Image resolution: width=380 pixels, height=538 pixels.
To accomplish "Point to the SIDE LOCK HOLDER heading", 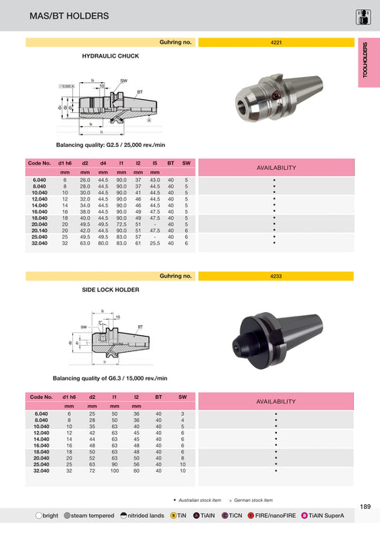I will (111, 291).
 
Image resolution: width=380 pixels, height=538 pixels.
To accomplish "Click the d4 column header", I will (103, 164).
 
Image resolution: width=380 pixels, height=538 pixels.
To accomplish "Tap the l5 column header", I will (154, 164).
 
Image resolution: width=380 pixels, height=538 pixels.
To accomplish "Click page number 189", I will (365, 506).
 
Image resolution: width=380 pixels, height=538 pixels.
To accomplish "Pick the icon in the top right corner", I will (365, 15).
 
